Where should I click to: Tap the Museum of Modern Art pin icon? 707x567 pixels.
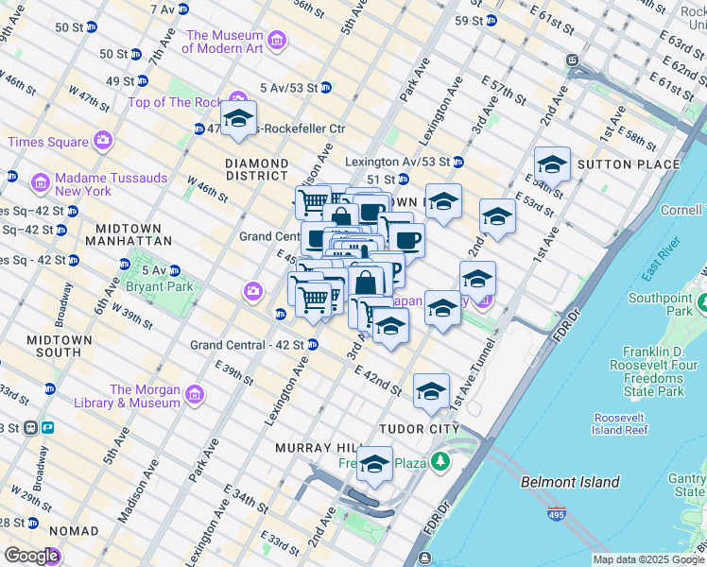[277, 41]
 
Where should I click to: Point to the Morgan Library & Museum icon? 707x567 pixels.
[195, 394]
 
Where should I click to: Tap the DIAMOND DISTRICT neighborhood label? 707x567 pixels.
[256, 169]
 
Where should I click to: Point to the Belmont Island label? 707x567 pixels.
[570, 482]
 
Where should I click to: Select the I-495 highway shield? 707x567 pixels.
[558, 515]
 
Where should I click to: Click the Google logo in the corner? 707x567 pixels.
[31, 556]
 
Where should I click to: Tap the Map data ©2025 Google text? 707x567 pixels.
[648, 559]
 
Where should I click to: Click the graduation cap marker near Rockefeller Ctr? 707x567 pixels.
[238, 119]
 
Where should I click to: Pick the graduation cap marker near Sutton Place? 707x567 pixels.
[552, 165]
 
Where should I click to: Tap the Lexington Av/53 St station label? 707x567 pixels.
[397, 162]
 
